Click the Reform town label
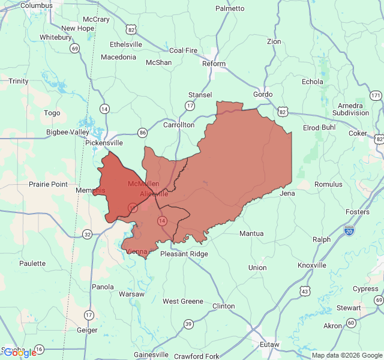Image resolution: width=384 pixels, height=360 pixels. (x=214, y=64)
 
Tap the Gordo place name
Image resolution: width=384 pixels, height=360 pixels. (x=263, y=94)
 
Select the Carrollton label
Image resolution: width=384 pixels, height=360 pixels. (x=179, y=125)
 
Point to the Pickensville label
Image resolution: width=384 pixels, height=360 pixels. (x=104, y=143)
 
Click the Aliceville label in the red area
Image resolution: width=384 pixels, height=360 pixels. (x=154, y=194)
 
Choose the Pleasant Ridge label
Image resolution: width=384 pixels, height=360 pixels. (x=184, y=254)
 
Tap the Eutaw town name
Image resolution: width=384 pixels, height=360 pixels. (x=270, y=344)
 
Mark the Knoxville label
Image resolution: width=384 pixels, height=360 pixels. (x=312, y=265)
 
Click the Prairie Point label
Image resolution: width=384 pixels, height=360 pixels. (x=49, y=184)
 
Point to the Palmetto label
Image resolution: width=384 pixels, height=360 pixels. (x=230, y=8)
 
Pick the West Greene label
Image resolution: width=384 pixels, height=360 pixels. (x=183, y=301)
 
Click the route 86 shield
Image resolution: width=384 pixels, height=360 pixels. (x=142, y=133)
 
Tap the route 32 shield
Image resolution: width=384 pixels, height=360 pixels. (x=88, y=234)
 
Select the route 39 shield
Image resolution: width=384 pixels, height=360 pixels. (x=188, y=324)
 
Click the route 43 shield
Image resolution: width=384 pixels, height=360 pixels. (x=305, y=291)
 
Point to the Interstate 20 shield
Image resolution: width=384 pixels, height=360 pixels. (x=350, y=230)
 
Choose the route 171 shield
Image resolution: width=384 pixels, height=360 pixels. (x=376, y=95)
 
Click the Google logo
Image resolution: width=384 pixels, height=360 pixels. (x=19, y=353)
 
